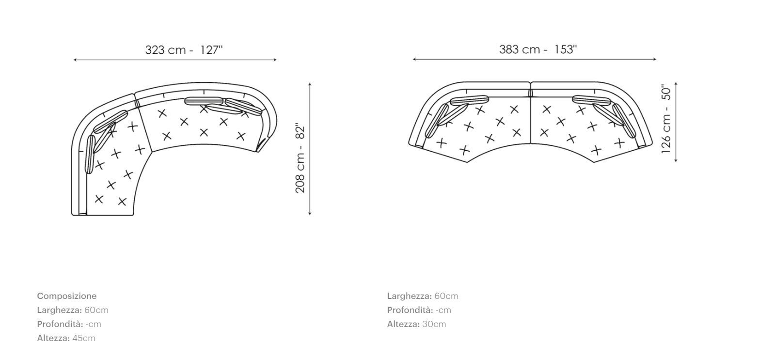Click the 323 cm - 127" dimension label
point(184,50)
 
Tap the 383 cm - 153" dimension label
point(538,49)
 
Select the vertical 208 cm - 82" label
point(300,158)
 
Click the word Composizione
point(67,296)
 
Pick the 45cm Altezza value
point(84,338)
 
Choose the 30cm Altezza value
point(434,324)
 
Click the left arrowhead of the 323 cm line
point(75,60)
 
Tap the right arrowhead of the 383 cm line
point(655,60)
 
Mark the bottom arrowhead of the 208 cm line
point(310,214)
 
